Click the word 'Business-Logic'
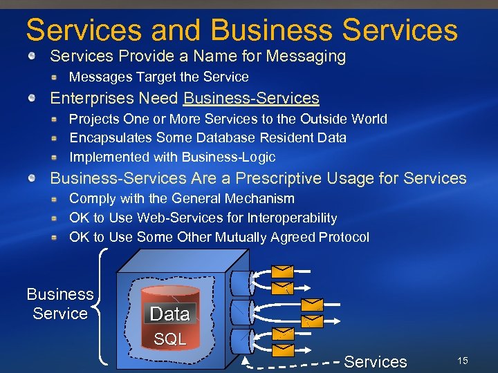(228, 157)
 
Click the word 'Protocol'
(344, 237)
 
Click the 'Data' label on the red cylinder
(169, 314)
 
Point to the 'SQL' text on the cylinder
(169, 339)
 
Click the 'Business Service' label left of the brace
(60, 304)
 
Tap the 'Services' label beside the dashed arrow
(375, 361)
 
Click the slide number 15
(463, 361)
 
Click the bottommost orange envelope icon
(284, 350)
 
